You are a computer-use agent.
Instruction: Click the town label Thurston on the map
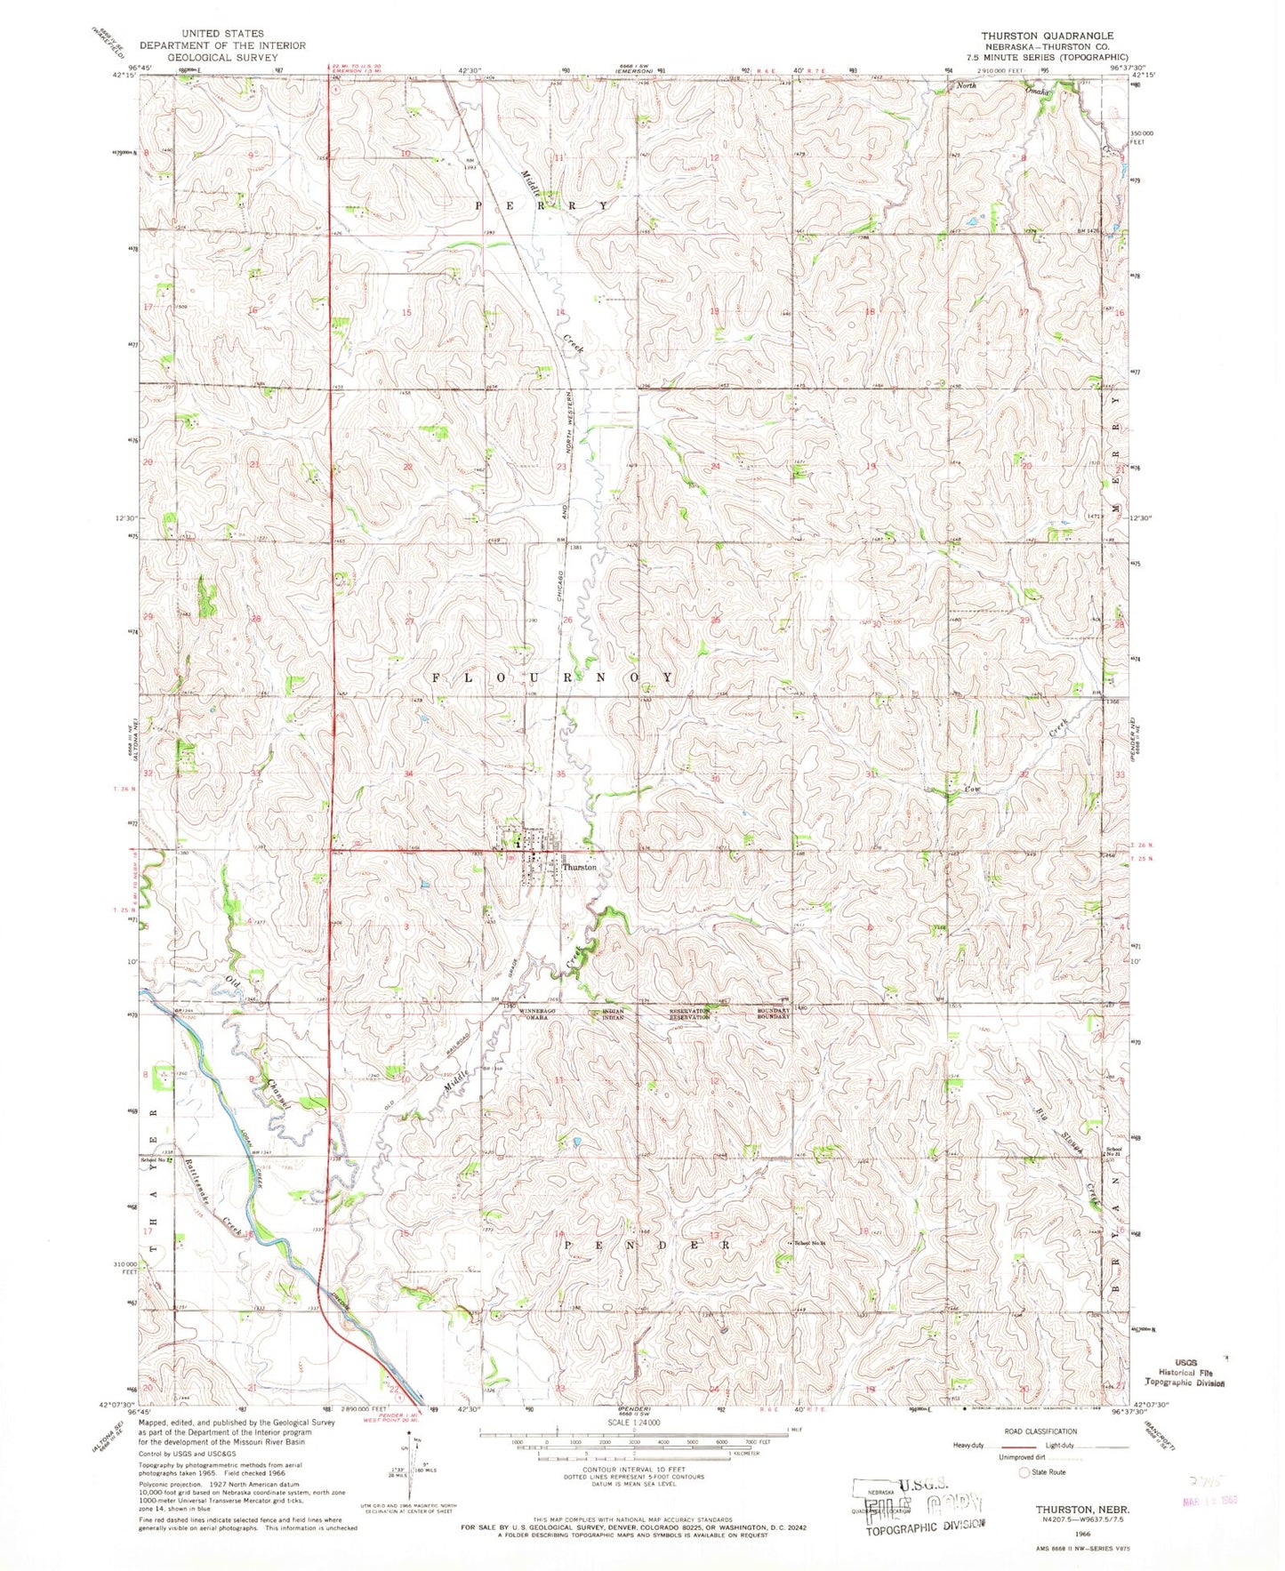(x=578, y=867)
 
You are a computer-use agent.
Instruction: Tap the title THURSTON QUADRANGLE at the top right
(x=1047, y=36)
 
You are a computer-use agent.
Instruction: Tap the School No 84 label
(x=812, y=1243)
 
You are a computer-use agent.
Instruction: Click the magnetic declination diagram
(x=411, y=1467)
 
